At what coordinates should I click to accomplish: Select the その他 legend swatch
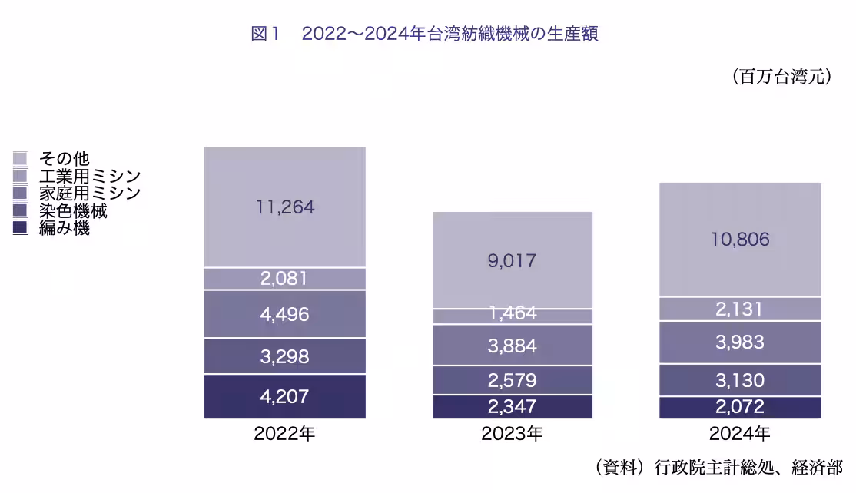point(21,158)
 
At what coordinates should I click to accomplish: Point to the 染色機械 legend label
point(73,211)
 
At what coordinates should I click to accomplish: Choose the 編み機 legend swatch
point(21,228)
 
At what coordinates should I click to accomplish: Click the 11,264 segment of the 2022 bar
point(284,207)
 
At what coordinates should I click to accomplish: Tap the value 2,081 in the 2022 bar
point(284,279)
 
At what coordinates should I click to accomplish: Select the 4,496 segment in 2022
point(284,314)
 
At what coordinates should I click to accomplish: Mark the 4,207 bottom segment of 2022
point(284,397)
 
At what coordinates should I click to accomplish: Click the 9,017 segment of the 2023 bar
point(512,260)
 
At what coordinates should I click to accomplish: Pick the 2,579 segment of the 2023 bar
point(512,380)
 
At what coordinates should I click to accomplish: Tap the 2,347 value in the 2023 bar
point(512,407)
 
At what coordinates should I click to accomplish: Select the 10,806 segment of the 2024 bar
point(740,240)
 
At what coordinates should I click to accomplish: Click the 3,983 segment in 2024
point(740,342)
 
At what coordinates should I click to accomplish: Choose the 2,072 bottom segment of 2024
point(740,408)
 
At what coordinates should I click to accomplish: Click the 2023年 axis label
point(512,435)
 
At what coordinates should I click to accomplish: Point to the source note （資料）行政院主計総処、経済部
point(718,467)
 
